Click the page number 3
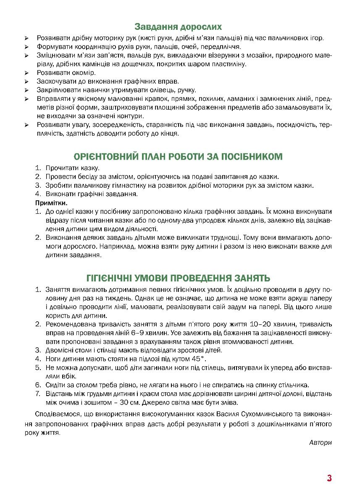tap(329, 478)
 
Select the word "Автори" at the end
tap(320, 442)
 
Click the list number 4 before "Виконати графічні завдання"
tap(38, 194)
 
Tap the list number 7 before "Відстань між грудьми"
tap(38, 394)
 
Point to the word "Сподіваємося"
tap(57, 414)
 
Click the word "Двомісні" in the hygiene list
tap(59, 350)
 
